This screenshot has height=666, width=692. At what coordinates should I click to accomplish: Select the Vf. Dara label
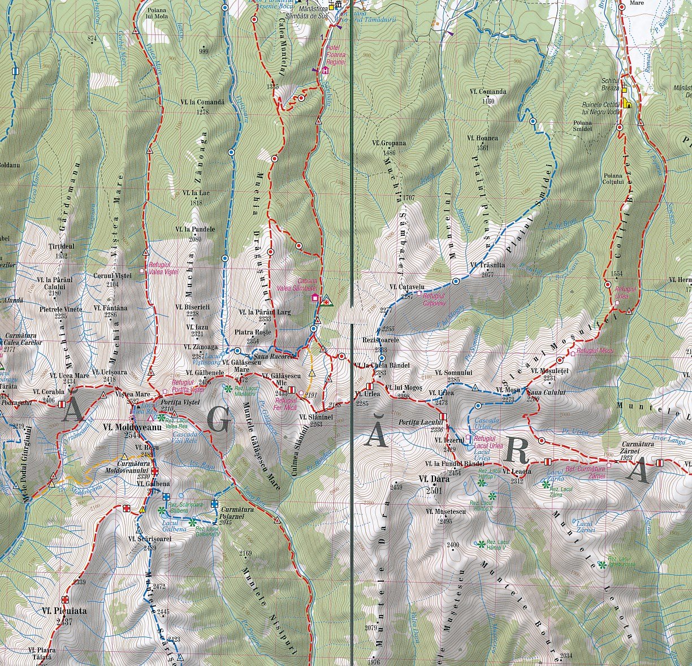point(434,479)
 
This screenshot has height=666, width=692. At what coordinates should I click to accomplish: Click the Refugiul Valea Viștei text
point(163,268)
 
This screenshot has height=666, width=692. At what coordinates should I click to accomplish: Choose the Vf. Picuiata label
point(64,611)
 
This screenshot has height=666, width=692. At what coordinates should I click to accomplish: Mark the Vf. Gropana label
point(390,143)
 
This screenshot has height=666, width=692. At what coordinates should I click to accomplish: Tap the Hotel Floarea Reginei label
point(335,55)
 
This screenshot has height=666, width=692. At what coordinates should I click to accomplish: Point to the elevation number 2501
point(434,491)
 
